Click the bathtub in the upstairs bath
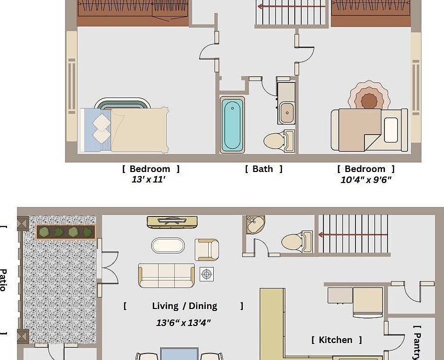(x=232, y=124)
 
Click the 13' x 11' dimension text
(x=148, y=179)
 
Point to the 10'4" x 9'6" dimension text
(x=366, y=180)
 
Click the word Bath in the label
(x=263, y=169)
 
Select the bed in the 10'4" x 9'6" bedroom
(x=368, y=129)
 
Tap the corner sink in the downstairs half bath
(x=255, y=224)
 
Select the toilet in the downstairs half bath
(x=295, y=242)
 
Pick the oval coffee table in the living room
(x=168, y=245)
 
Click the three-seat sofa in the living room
(x=166, y=275)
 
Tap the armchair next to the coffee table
(x=206, y=249)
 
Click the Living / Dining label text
(x=184, y=306)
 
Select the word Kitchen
(x=335, y=340)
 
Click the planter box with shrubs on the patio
(x=66, y=232)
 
